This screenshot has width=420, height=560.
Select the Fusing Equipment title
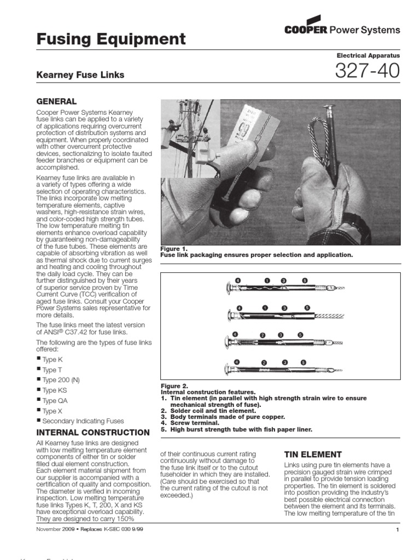[x=110, y=39]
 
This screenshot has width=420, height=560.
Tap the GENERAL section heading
[x=56, y=102]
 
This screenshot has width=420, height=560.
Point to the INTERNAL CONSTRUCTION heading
[x=92, y=432]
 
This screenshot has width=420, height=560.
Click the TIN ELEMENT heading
[x=313, y=454]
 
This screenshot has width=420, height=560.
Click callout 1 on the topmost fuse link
[x=267, y=281]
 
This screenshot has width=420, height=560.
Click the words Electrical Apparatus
[x=368, y=56]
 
